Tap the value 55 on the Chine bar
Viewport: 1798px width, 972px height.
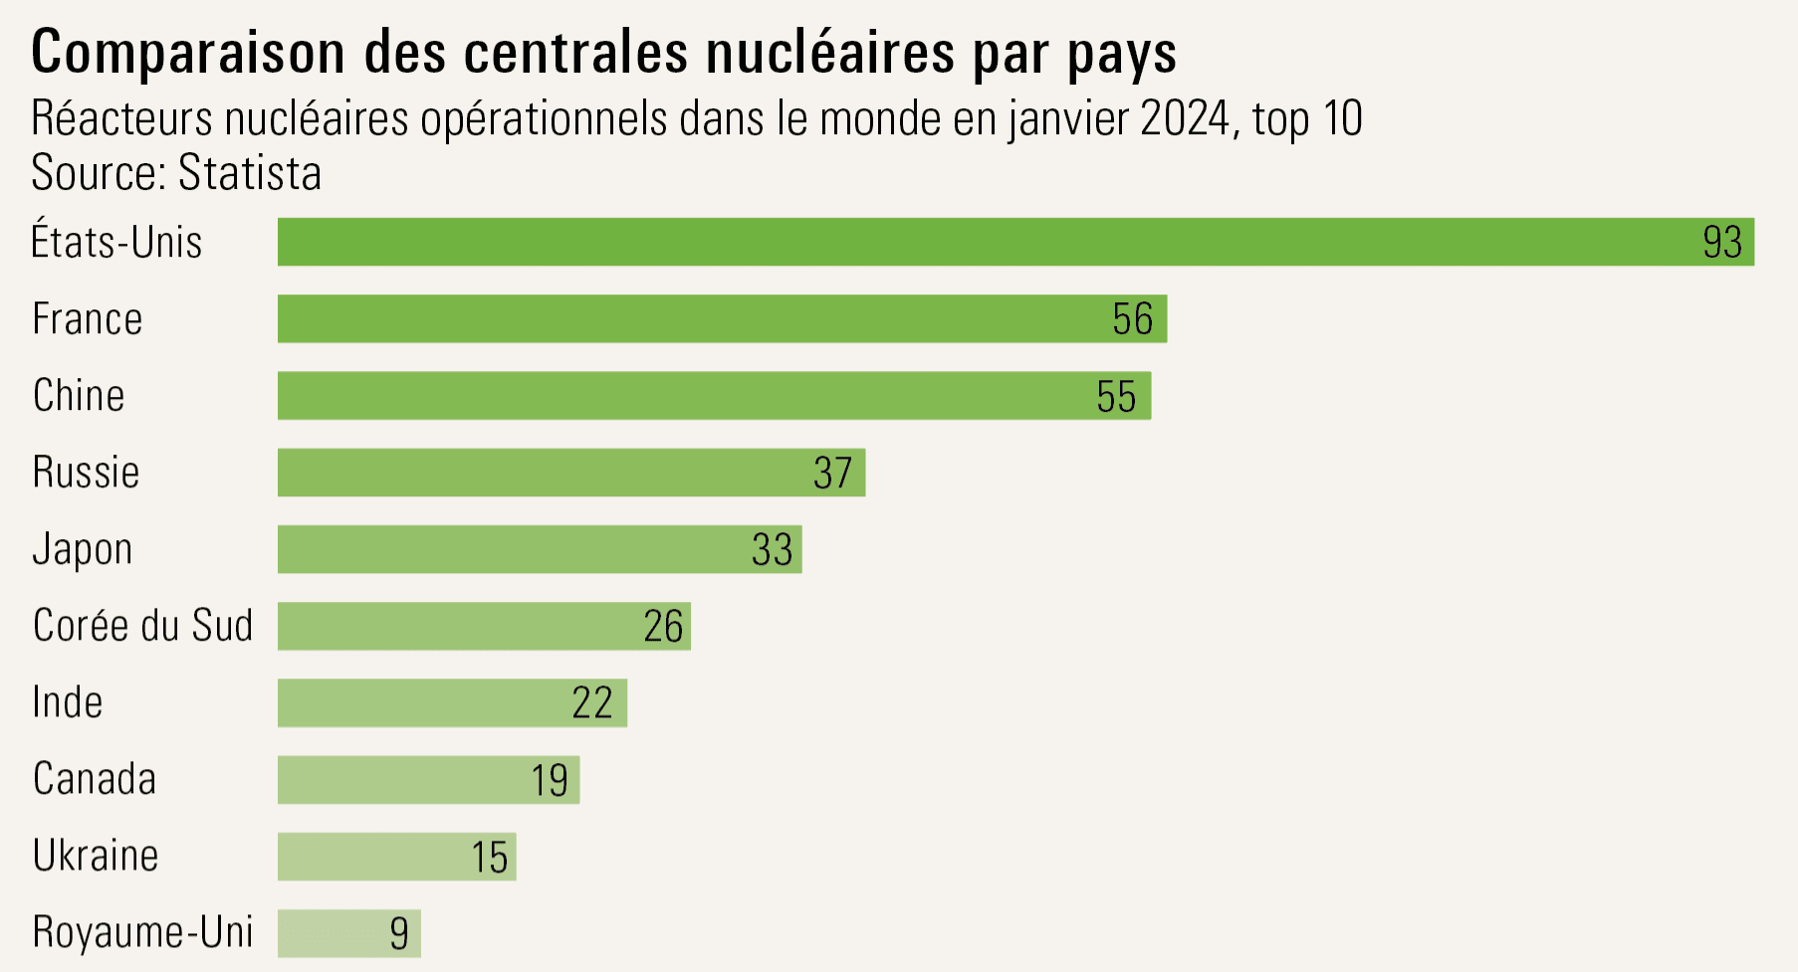[x=1116, y=396]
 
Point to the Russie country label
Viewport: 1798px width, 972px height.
[x=87, y=473]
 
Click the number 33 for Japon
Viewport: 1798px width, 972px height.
[x=772, y=550]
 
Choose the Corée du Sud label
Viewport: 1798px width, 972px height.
[x=142, y=626]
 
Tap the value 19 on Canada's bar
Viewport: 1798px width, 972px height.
[x=550, y=780]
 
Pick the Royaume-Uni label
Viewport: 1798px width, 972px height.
[x=142, y=932]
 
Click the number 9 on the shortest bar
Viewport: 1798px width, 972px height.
[x=399, y=933]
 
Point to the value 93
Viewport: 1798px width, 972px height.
[x=1722, y=243]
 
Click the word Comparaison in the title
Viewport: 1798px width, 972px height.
[x=188, y=53]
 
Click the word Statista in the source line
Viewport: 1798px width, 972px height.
[x=250, y=173]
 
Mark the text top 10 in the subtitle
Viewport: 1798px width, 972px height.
[x=1307, y=119]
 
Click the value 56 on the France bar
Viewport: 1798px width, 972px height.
[x=1132, y=319]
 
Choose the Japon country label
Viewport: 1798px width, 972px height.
[x=83, y=550]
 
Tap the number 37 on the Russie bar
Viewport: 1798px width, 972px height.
[x=832, y=474]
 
